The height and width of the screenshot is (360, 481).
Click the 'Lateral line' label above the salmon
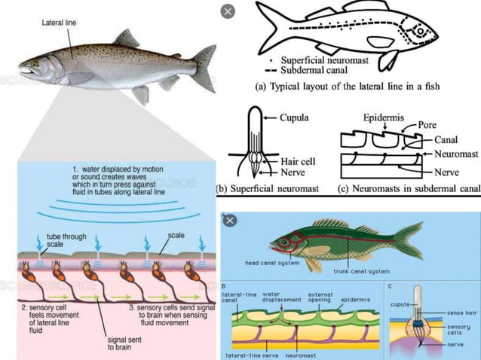[57, 23]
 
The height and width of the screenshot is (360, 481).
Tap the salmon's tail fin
[203, 69]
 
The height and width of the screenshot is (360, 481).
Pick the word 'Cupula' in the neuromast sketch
[296, 118]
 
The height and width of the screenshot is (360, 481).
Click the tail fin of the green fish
[408, 242]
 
